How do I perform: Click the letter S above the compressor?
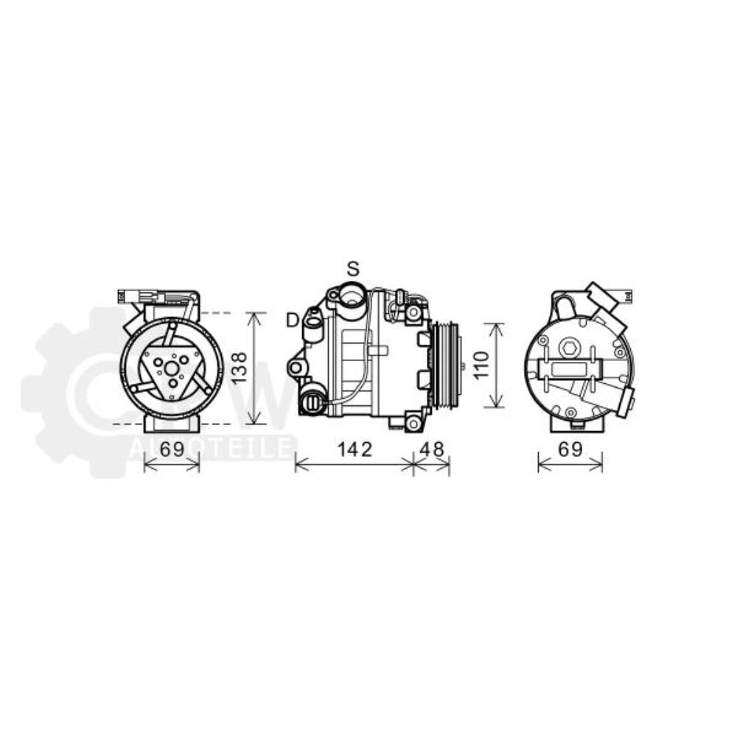[x=354, y=268]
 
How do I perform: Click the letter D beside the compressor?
[x=293, y=319]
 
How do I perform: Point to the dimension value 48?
[x=432, y=449]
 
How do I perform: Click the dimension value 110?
[x=480, y=365]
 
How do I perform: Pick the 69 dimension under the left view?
[x=171, y=449]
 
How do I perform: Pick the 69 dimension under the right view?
[x=570, y=449]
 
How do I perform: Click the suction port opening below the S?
[x=352, y=298]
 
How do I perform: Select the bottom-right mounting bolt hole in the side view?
[x=413, y=423]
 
